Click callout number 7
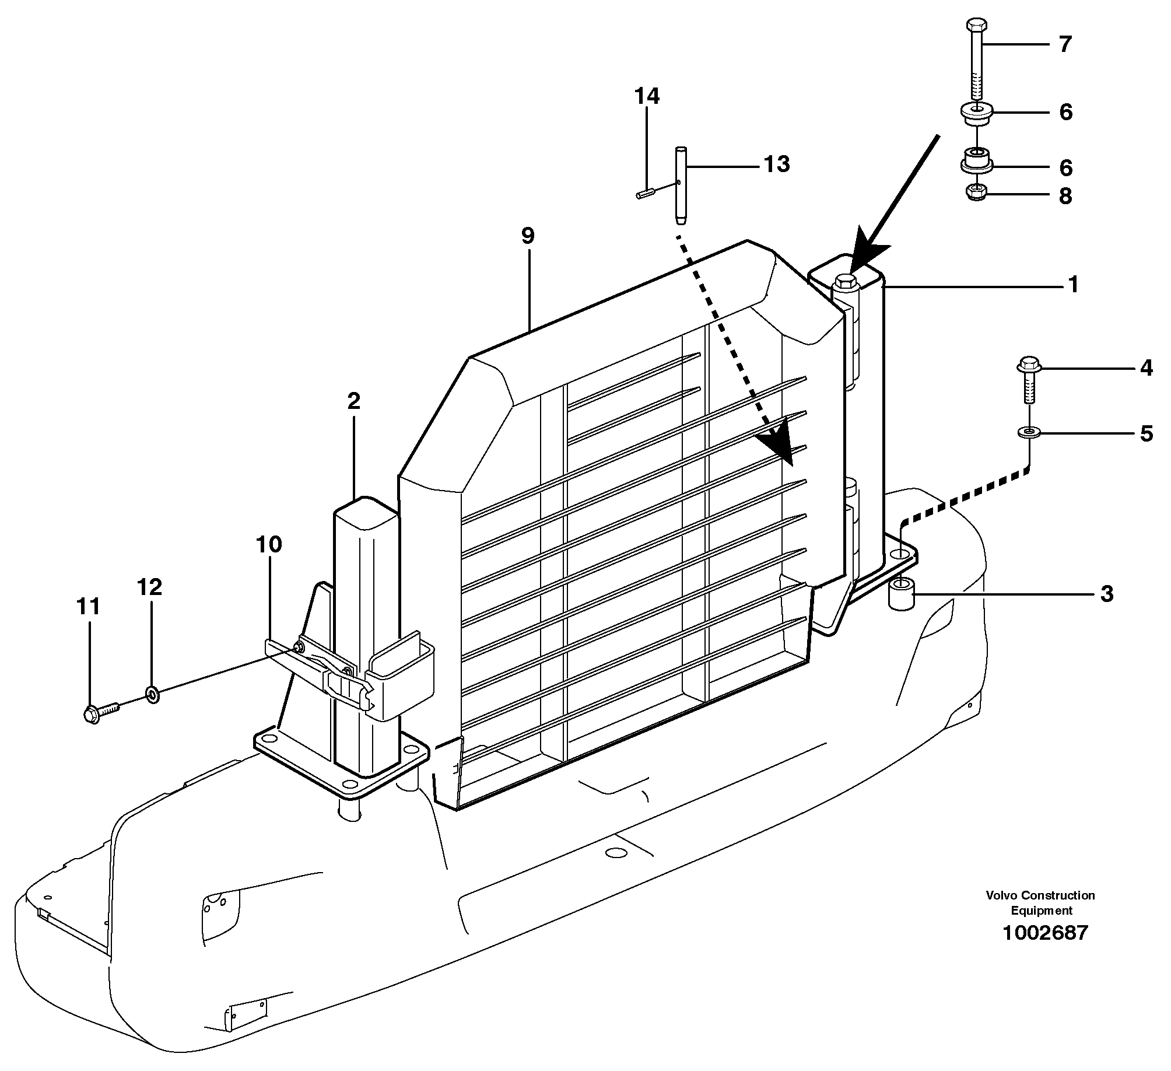(x=1065, y=45)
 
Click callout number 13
(x=776, y=164)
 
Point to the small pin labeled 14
(x=644, y=194)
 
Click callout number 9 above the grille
(x=527, y=236)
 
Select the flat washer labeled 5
(x=1030, y=432)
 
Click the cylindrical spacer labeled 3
(x=900, y=596)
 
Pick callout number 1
(x=1072, y=285)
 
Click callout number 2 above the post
(x=353, y=401)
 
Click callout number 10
(x=269, y=545)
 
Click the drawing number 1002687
(x=1044, y=933)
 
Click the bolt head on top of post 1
(x=845, y=283)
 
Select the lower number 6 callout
(x=1065, y=168)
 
